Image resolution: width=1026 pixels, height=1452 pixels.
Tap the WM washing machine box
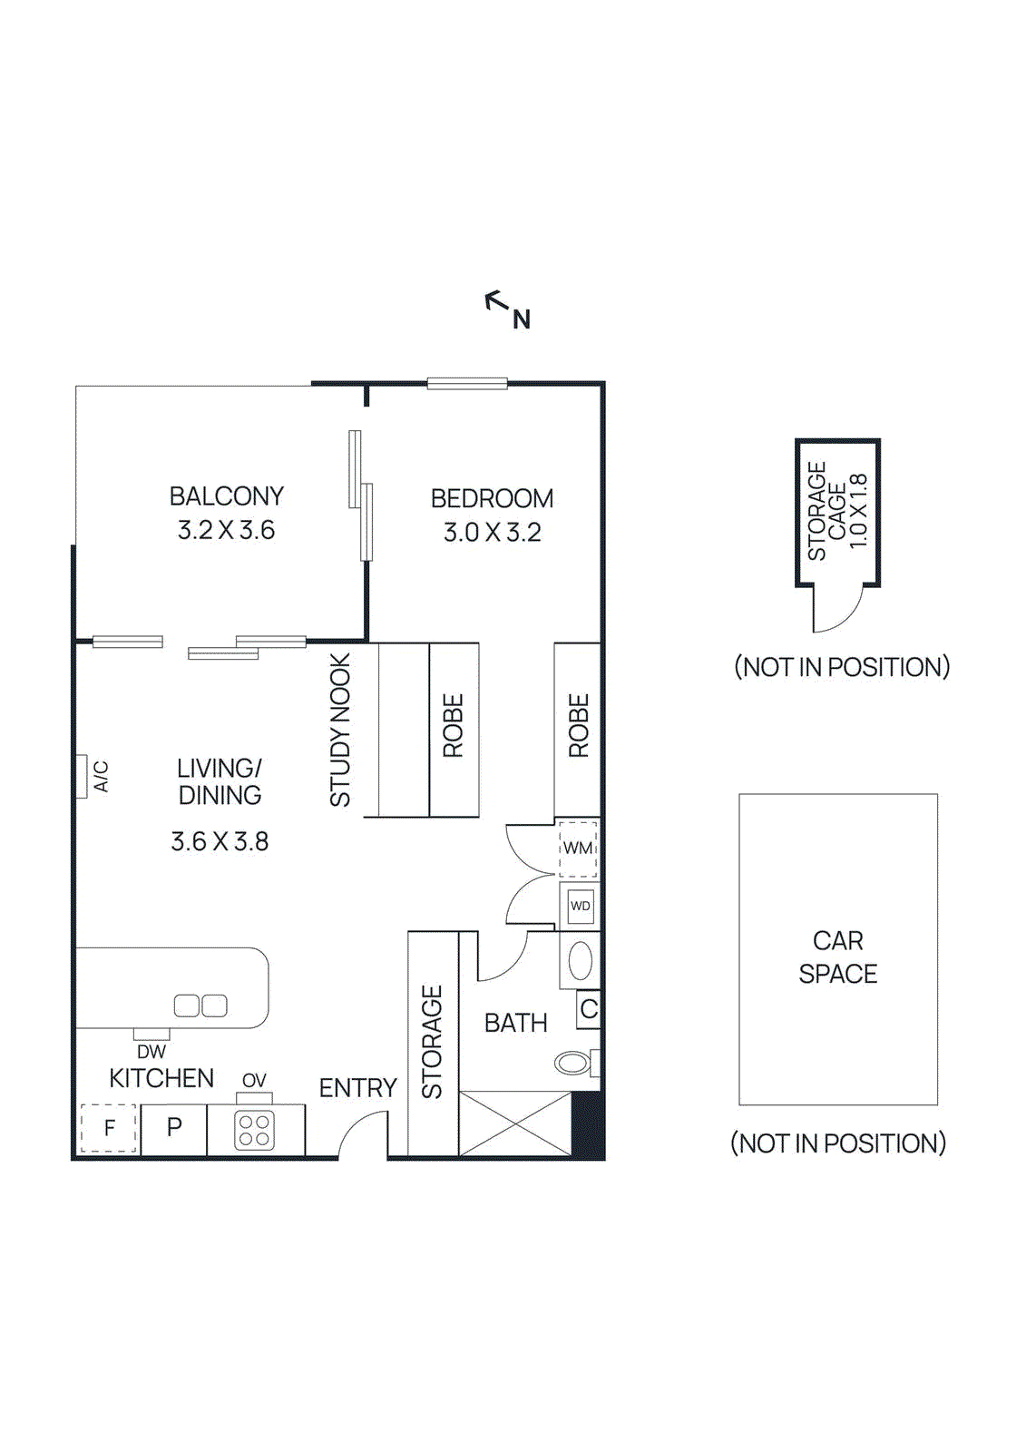(578, 849)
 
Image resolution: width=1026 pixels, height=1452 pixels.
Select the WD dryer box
(581, 906)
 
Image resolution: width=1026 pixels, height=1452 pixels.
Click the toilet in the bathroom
(573, 1062)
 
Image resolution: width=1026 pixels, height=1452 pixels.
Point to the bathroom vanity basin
(581, 961)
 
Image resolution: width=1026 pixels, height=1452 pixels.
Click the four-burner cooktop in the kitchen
(254, 1131)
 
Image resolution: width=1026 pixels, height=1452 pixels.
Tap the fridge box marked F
(109, 1128)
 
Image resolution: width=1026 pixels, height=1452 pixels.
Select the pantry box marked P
(174, 1128)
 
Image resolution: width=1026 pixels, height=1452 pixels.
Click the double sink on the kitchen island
(200, 1006)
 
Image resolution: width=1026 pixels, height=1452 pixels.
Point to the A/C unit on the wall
(81, 777)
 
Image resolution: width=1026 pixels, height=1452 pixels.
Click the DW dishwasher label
(151, 1052)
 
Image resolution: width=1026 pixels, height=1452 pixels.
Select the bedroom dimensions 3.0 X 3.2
(492, 533)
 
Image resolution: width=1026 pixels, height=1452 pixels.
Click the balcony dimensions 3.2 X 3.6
(226, 530)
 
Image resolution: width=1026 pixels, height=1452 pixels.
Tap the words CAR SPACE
(837, 957)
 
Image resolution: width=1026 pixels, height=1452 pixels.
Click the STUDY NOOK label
(340, 731)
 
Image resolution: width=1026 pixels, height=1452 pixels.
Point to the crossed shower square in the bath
(515, 1123)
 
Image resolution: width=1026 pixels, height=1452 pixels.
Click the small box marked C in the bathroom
(589, 1009)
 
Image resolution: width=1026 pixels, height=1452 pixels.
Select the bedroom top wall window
(467, 384)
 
